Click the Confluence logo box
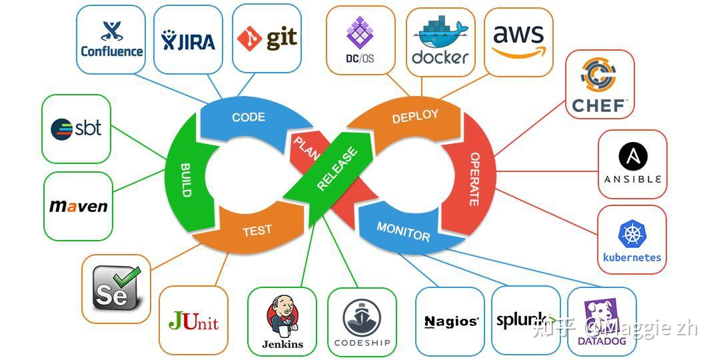[x=111, y=39]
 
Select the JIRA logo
[x=188, y=41]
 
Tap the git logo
[x=267, y=38]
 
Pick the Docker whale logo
[x=440, y=42]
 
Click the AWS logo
[x=518, y=41]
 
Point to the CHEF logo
[x=599, y=85]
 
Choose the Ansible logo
[x=632, y=164]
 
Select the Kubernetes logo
[x=632, y=240]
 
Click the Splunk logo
[x=525, y=321]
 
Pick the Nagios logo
[x=451, y=322]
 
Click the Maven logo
[x=78, y=206]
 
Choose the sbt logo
[x=76, y=128]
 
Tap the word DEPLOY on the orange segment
[x=415, y=116]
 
